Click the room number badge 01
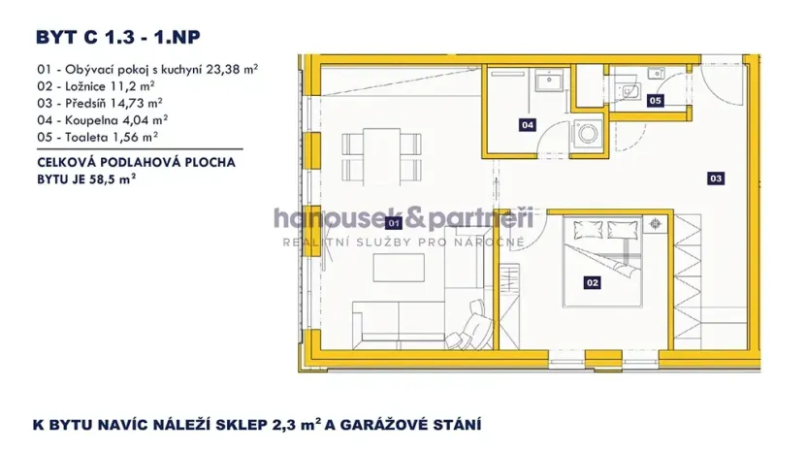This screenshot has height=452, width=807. point(394,222)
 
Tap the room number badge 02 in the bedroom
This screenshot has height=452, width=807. point(591,282)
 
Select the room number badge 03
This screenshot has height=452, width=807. point(716,178)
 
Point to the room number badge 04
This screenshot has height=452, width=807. point(528,124)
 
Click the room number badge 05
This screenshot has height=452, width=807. point(656,100)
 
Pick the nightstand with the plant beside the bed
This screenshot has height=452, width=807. point(657,223)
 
